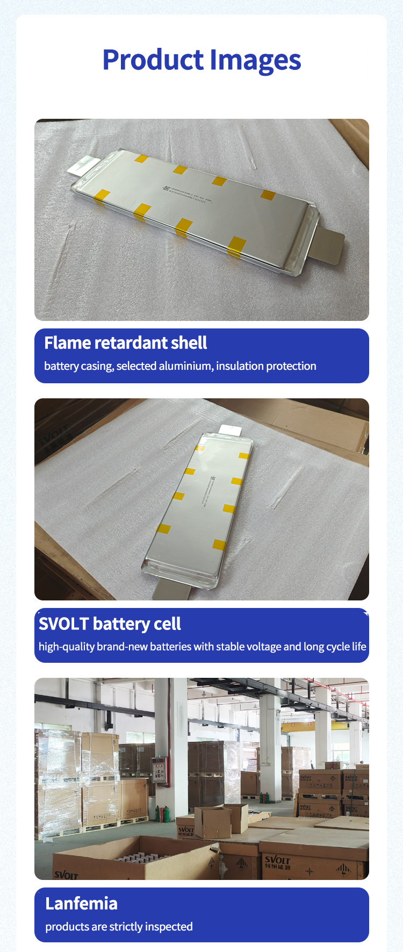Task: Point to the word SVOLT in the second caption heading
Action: click(x=63, y=624)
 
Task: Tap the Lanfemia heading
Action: click(x=81, y=904)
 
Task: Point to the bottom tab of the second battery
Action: click(x=172, y=590)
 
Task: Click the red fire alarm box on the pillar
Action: click(x=159, y=769)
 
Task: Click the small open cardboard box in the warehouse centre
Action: click(x=214, y=821)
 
